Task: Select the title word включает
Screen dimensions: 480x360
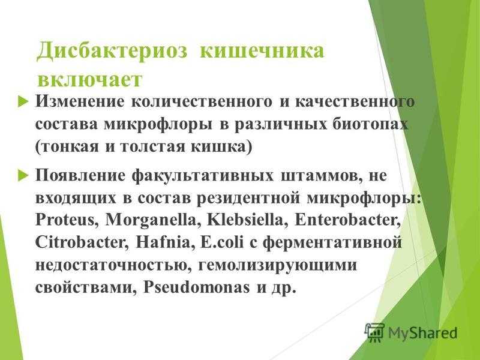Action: click(90, 80)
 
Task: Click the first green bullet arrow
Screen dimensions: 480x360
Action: click(23, 101)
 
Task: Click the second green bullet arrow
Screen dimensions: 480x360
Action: click(23, 176)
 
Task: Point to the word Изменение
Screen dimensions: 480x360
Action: click(80, 101)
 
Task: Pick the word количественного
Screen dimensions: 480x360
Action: click(202, 101)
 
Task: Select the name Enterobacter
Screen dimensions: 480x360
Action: click(347, 220)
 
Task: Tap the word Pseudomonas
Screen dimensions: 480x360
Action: click(197, 287)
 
